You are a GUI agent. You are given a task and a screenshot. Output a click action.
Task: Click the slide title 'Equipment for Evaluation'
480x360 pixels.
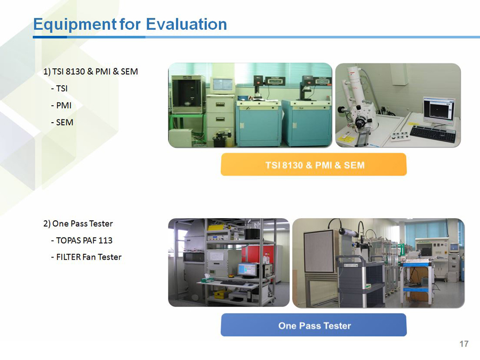pyautogui.click(x=130, y=25)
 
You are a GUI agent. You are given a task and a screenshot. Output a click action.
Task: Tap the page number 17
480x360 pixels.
pyautogui.click(x=464, y=344)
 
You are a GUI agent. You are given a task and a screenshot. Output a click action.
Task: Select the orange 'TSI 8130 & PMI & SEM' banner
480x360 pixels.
pyautogui.click(x=314, y=165)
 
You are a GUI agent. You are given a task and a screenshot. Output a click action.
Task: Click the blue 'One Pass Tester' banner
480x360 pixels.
pyautogui.click(x=314, y=325)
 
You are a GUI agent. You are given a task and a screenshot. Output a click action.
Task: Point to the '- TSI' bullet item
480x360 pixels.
pyautogui.click(x=59, y=89)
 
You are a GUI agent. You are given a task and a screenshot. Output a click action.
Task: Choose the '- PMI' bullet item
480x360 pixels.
pyautogui.click(x=61, y=106)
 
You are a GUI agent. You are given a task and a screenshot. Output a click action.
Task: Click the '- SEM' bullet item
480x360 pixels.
pyautogui.click(x=62, y=123)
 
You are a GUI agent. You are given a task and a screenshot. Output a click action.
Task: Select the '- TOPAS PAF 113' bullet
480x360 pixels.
pyautogui.click(x=82, y=241)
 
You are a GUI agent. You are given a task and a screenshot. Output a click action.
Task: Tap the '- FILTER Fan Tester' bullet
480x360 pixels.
pyautogui.click(x=86, y=257)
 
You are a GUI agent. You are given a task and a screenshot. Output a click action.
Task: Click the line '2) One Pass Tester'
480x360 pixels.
pyautogui.click(x=78, y=224)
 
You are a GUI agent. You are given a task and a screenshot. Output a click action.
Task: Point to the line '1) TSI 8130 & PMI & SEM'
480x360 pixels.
pyautogui.click(x=91, y=71)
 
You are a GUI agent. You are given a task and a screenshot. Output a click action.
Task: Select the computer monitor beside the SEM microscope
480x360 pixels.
pyautogui.click(x=439, y=109)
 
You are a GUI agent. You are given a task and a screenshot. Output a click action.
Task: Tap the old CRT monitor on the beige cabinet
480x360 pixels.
pyautogui.click(x=222, y=85)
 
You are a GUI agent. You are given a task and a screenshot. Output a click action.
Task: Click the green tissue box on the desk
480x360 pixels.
pyautogui.click(x=207, y=278)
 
